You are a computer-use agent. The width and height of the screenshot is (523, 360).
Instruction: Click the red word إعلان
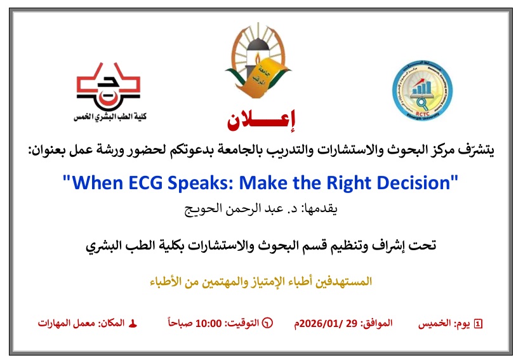261,117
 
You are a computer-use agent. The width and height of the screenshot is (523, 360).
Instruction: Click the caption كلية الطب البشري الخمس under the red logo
109,117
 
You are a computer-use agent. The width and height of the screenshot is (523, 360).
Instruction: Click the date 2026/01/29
333,323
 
